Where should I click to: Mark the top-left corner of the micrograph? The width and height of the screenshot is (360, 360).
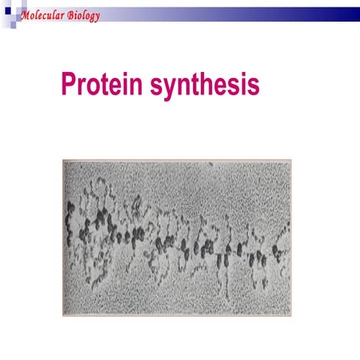[63, 160]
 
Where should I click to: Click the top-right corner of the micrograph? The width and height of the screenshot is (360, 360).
[291, 160]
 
